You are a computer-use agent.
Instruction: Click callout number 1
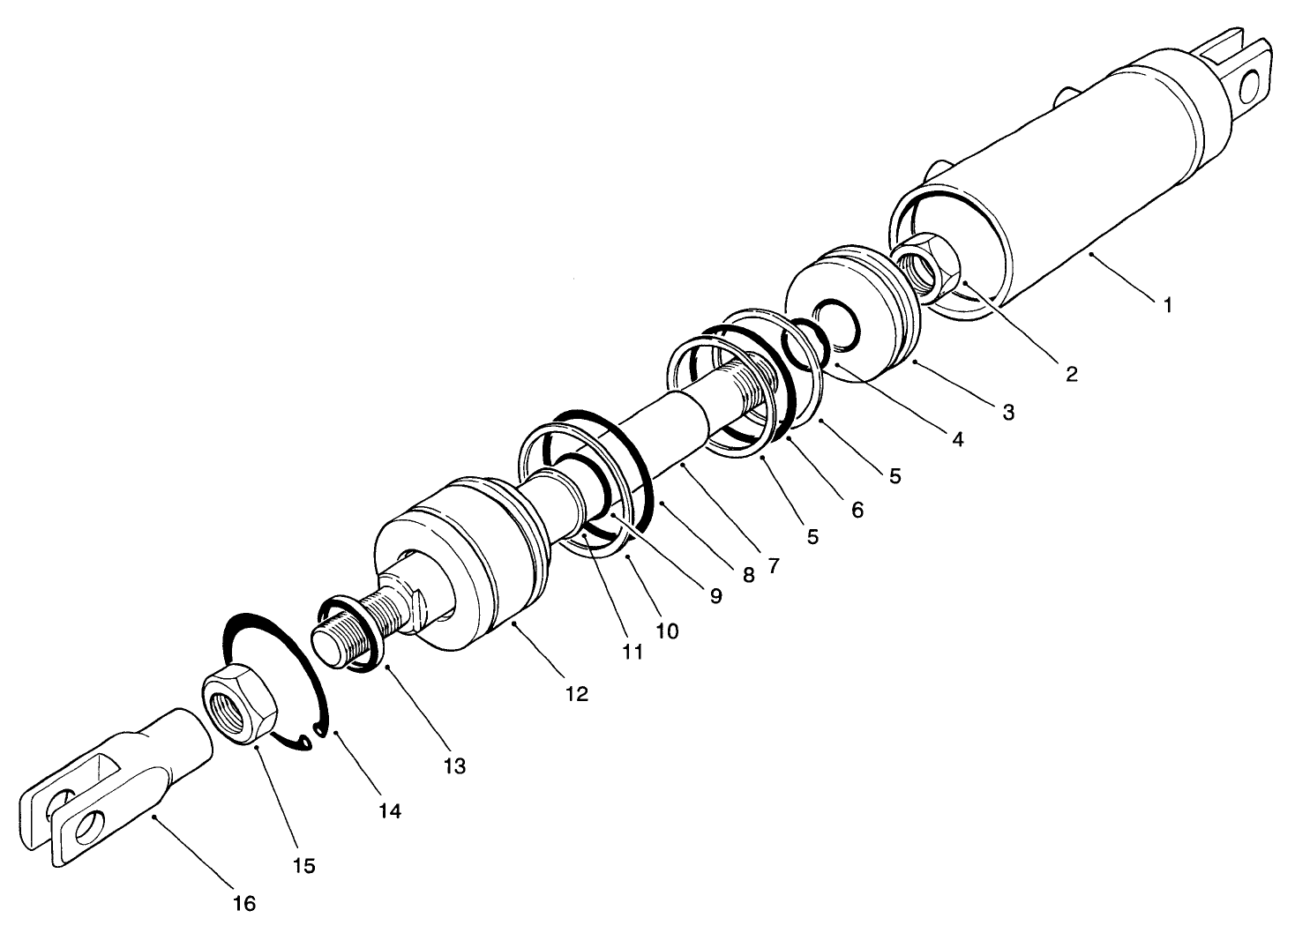[1167, 306]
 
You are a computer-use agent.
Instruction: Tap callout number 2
[1071, 374]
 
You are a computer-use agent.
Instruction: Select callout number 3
[1007, 412]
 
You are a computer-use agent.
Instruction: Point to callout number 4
[956, 438]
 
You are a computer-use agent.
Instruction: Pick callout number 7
[773, 567]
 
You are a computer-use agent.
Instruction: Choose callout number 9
[715, 596]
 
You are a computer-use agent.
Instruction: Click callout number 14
[390, 810]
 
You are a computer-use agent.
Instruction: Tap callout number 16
[244, 904]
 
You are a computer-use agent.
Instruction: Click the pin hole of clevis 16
[88, 830]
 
